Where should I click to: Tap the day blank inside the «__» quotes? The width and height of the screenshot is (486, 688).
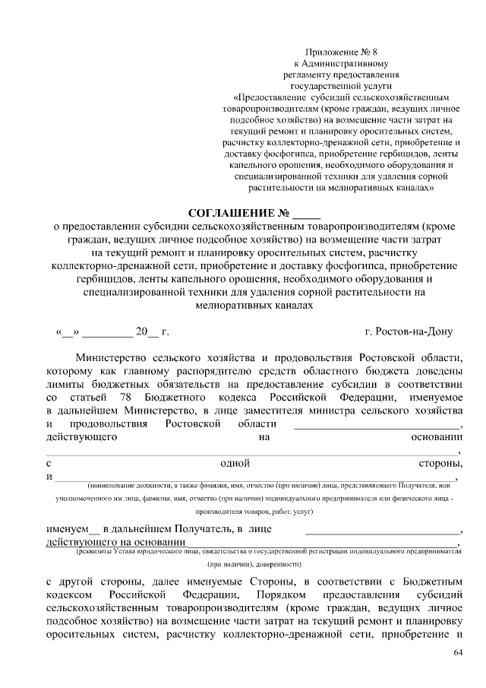pyautogui.click(x=67, y=332)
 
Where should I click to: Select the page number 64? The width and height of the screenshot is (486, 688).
pyautogui.click(x=457, y=652)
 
